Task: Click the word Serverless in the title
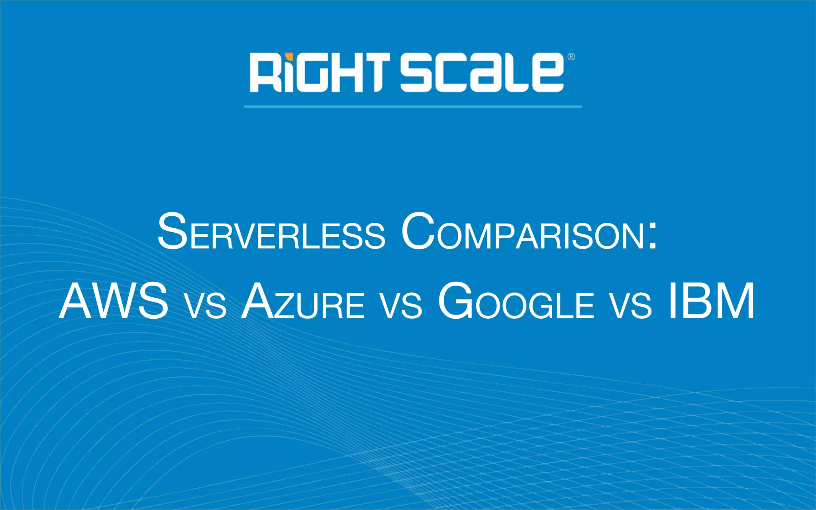pyautogui.click(x=271, y=232)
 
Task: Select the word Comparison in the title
pyautogui.click(x=522, y=232)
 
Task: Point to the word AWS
pyautogui.click(x=114, y=301)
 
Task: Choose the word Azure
pyautogui.click(x=303, y=301)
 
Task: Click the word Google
pyautogui.click(x=516, y=301)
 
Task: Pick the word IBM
pyautogui.click(x=711, y=301)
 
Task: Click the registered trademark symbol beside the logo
pyautogui.click(x=571, y=57)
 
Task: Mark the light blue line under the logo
pyautogui.click(x=412, y=106)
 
